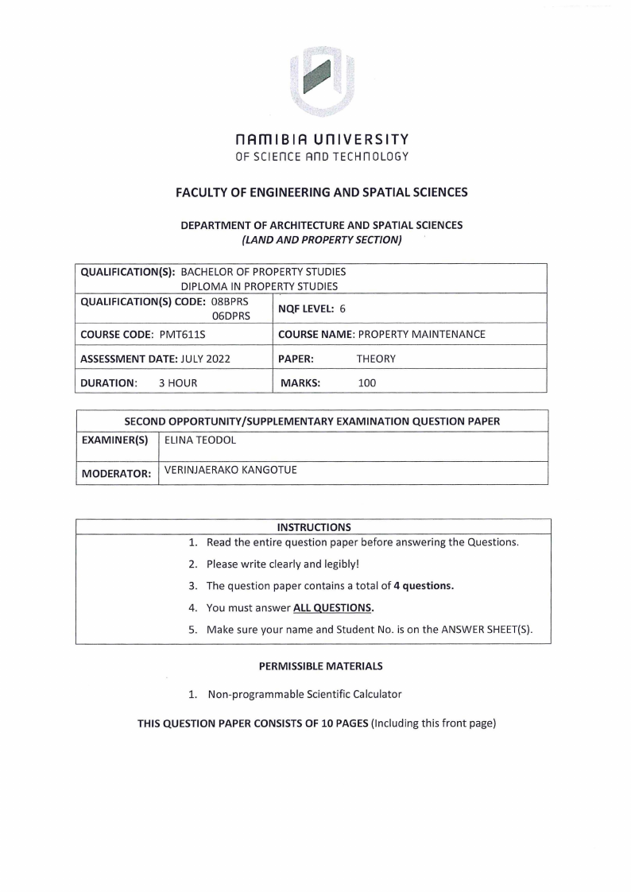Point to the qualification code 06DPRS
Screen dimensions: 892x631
pyautogui.click(x=230, y=316)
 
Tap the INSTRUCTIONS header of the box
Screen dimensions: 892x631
pyautogui.click(x=313, y=527)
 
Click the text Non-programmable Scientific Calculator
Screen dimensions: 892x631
pyautogui.click(x=304, y=694)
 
